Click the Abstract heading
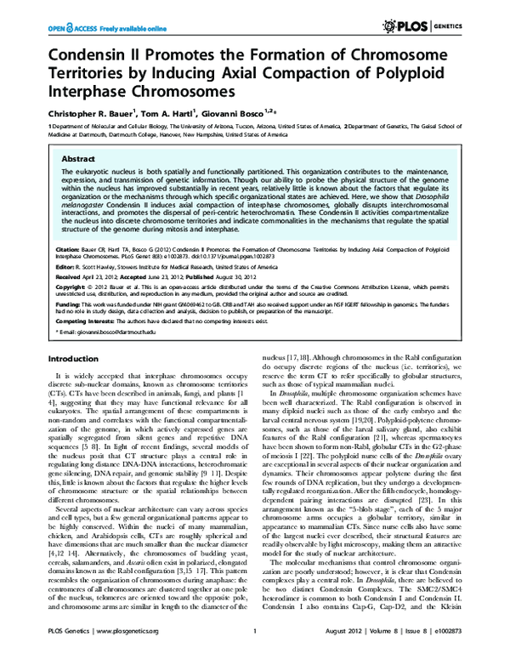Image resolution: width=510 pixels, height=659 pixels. click(x=80, y=159)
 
